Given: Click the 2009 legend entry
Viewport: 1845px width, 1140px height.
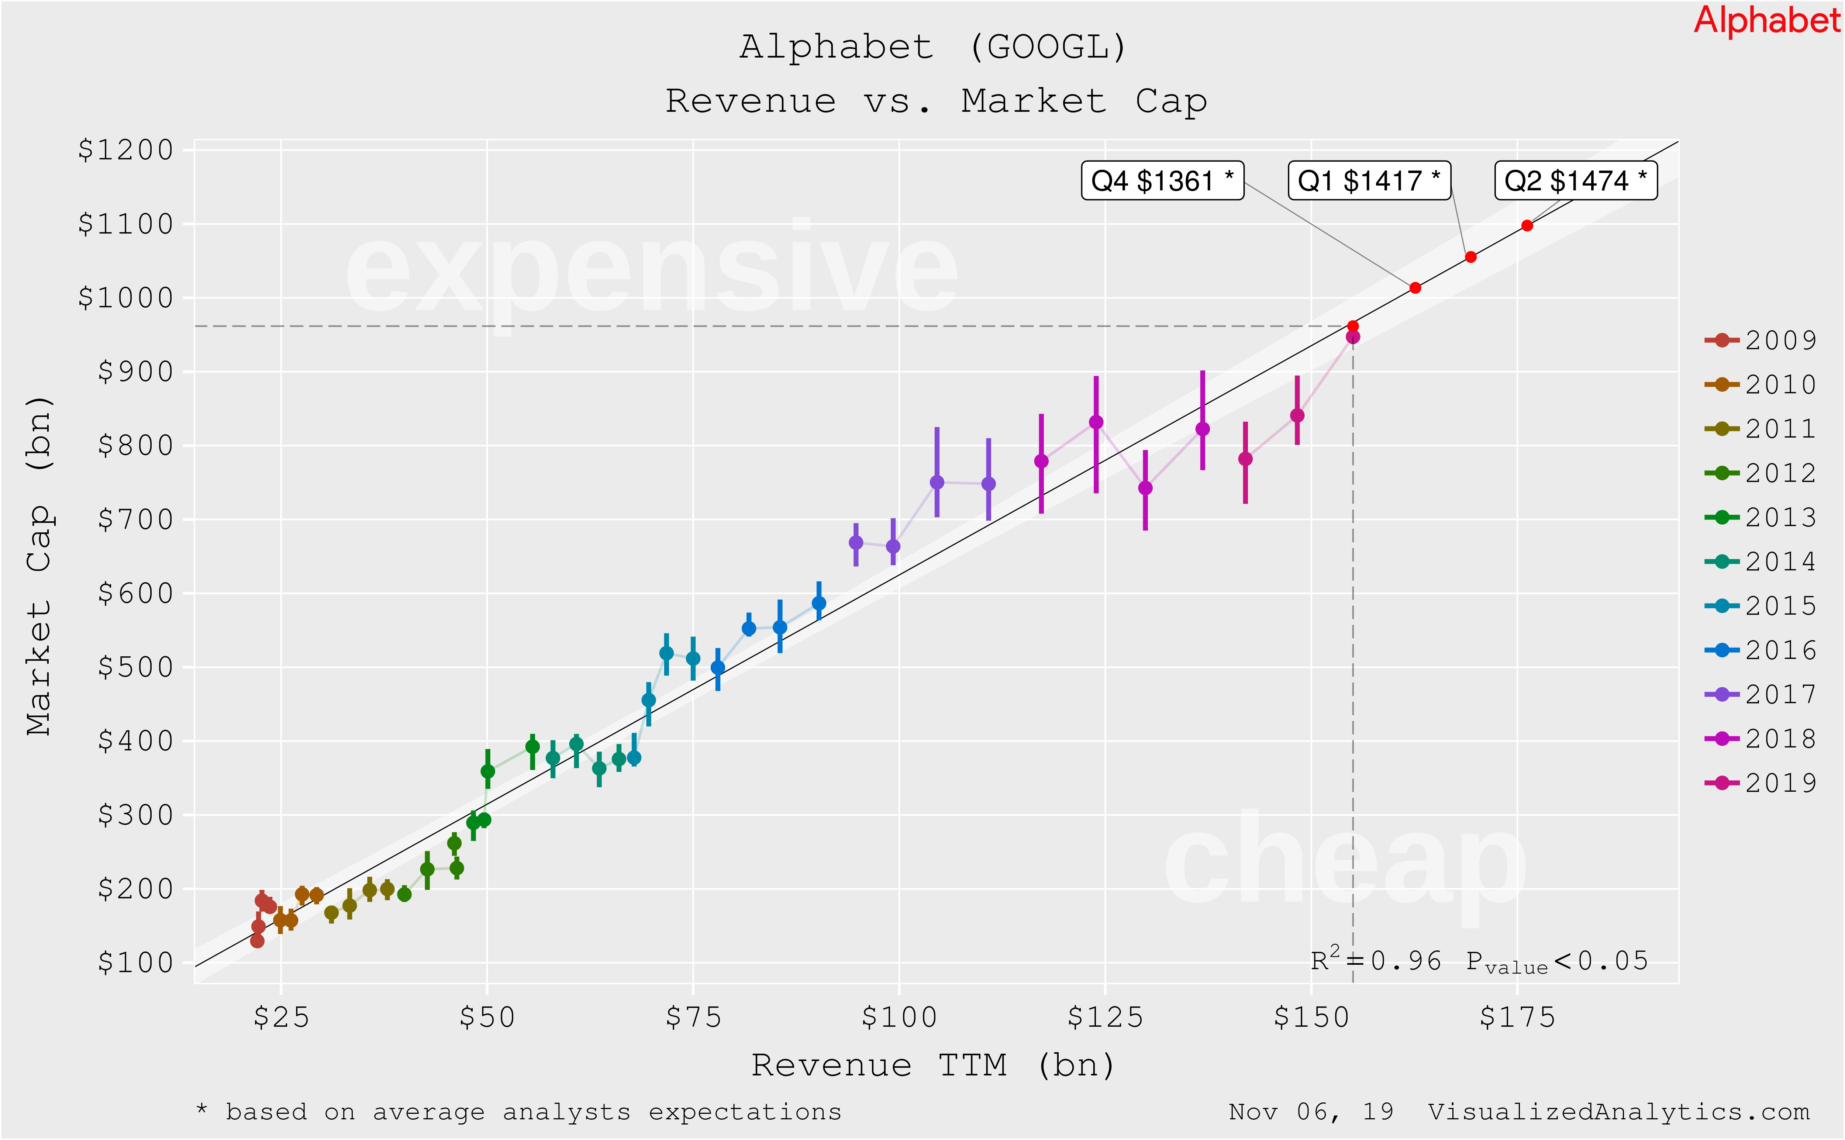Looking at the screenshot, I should (x=1760, y=340).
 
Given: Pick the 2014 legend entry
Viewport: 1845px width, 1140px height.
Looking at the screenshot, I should (x=1760, y=562).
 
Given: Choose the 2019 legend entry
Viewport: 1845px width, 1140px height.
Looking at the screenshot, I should (x=1760, y=783).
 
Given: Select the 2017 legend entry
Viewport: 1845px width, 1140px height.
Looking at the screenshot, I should (x=1760, y=694).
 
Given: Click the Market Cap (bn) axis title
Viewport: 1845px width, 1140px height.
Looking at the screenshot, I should (x=39, y=566).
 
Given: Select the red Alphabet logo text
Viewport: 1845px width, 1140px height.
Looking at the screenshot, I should (x=1766, y=20).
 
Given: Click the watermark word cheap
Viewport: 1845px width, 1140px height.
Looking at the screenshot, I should (x=1346, y=863).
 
